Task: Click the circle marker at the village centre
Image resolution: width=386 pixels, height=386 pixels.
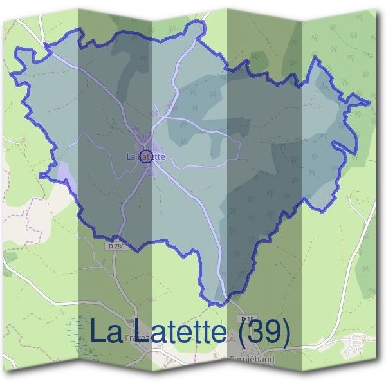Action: point(146,156)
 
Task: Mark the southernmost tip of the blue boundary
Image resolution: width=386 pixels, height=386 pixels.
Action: point(219,304)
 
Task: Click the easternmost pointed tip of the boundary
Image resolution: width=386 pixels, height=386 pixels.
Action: point(371,103)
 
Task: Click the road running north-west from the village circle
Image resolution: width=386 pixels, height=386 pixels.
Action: point(103,96)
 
